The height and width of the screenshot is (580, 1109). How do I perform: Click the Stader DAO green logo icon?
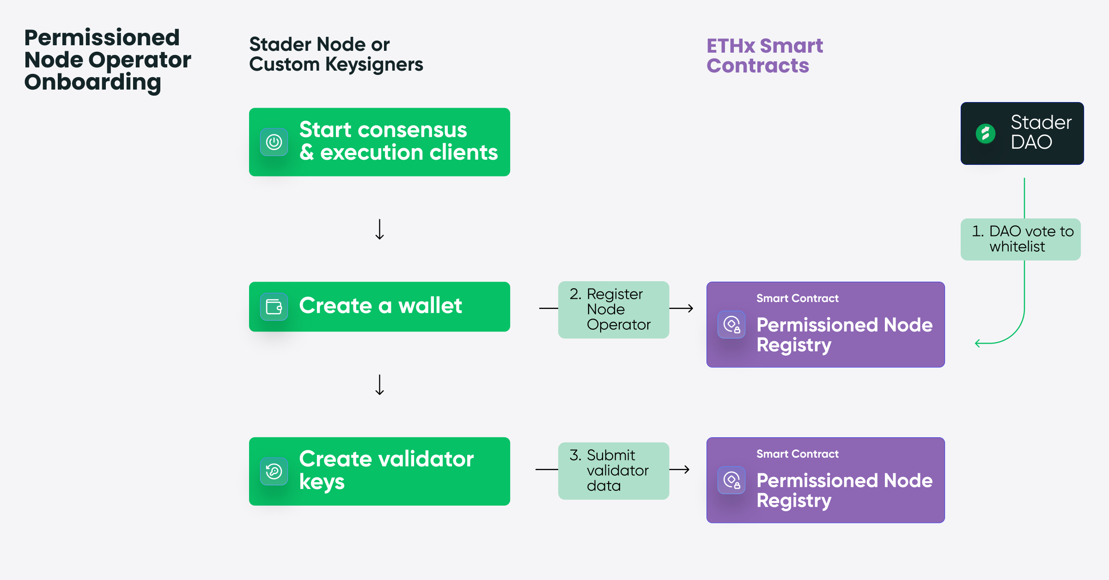click(985, 134)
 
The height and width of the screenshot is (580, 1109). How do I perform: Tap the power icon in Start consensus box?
click(274, 142)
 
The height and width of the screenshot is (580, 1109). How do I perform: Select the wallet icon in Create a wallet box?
click(274, 307)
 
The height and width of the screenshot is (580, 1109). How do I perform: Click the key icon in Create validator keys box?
click(274, 471)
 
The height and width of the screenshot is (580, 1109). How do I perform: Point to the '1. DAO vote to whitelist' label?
click(1020, 239)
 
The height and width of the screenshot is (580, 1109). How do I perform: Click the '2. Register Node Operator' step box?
click(613, 309)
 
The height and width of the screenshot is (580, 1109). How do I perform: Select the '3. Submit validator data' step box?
click(613, 471)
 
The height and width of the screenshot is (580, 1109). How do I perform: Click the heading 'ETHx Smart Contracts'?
click(764, 56)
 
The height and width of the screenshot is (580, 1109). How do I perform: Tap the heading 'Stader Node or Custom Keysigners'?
click(335, 54)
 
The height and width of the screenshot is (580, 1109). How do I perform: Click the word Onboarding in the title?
click(92, 82)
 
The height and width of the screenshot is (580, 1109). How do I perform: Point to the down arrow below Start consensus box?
click(379, 230)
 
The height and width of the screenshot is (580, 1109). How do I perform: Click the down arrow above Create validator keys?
click(379, 385)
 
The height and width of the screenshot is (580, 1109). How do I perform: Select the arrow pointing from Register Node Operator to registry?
click(682, 308)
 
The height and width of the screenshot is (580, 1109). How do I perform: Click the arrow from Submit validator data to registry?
click(680, 470)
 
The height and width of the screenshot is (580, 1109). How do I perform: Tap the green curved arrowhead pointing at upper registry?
click(978, 343)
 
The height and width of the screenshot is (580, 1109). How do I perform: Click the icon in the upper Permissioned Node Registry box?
click(731, 325)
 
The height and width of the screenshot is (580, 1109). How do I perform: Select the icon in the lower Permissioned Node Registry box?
click(731, 480)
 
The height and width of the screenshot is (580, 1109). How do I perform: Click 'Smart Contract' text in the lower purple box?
click(797, 454)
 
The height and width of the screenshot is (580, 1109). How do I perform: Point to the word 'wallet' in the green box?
click(430, 306)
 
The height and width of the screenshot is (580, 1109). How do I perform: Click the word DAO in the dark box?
click(1031, 142)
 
